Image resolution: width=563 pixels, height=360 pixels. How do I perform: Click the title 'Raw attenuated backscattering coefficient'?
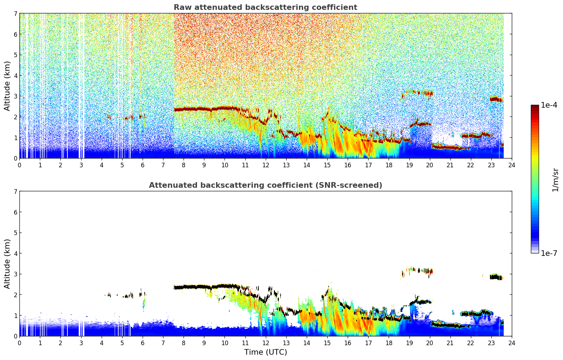coord(265,7)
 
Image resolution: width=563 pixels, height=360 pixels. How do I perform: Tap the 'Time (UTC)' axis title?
coord(265,352)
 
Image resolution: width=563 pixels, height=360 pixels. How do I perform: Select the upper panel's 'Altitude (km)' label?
coord(7,86)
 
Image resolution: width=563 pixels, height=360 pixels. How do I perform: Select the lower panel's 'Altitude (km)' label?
coord(7,264)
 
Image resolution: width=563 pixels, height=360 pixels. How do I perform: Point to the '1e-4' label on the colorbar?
coord(549,105)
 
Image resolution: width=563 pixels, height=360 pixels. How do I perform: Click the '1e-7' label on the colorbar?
coord(549,253)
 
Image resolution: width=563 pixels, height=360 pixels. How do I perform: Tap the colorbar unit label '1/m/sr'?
coord(555,179)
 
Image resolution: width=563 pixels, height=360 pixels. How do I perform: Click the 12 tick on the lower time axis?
coord(265,343)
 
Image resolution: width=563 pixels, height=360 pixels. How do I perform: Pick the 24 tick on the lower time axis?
coord(511,343)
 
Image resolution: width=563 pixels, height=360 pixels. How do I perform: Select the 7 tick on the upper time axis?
coord(163,165)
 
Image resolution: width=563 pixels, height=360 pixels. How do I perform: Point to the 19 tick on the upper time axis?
coord(409,165)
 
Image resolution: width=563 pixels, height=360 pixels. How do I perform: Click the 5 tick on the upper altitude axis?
coord(16,55)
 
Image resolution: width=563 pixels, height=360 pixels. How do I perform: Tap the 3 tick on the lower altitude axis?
coord(16,274)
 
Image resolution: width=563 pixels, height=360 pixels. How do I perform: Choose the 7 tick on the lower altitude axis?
coord(16,191)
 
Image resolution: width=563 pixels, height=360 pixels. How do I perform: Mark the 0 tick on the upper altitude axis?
coord(16,158)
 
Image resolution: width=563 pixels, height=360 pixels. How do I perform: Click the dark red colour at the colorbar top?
coord(534,107)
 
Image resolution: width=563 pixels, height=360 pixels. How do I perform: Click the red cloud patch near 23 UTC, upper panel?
coord(496,99)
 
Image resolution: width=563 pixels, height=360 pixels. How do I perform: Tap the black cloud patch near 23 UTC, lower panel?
coord(496,277)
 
